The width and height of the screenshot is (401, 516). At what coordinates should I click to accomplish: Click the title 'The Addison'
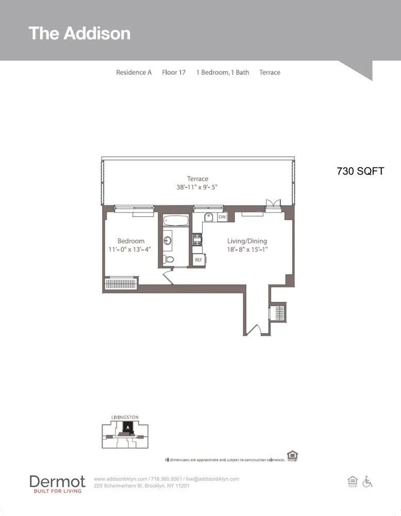pos(79,34)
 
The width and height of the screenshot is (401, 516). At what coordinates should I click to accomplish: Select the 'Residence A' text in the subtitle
pos(134,72)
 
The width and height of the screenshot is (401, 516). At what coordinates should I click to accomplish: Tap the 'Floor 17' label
pos(174,72)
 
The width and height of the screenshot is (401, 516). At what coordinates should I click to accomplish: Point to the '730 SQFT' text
pos(360,171)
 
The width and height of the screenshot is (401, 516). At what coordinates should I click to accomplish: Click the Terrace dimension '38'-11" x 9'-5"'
pos(197,188)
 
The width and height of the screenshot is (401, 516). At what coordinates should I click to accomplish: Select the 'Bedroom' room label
pos(131,241)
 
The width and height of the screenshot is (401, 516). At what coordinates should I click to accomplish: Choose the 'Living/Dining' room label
pos(247,241)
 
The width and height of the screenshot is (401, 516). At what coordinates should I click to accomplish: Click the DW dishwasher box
pos(222,217)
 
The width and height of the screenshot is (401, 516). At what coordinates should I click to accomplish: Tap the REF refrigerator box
pos(198,260)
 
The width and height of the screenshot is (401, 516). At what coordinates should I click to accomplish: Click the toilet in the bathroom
pos(168,259)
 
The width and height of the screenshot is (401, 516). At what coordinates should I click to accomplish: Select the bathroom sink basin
pos(168,240)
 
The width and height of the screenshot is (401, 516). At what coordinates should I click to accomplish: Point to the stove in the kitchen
pos(197,239)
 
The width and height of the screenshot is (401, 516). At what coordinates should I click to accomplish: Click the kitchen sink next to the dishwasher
pos(209,217)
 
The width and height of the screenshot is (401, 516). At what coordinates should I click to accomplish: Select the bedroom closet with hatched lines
pos(121,284)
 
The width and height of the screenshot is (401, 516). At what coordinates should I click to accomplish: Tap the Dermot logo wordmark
pos(57,481)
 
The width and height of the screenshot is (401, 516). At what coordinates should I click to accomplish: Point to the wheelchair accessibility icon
pos(367,481)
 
